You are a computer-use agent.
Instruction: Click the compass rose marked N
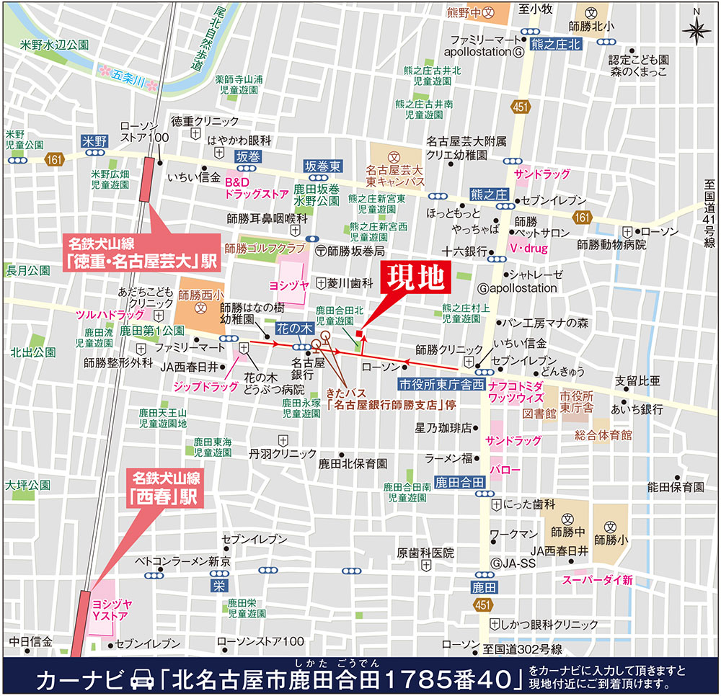click(x=696, y=29)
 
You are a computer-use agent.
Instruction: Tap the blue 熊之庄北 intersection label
click(x=555, y=45)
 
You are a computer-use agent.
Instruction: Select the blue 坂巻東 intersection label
click(x=322, y=165)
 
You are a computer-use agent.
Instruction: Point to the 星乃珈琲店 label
click(x=443, y=427)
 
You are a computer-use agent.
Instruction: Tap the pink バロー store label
click(x=505, y=470)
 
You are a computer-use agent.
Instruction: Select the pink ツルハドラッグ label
click(x=110, y=316)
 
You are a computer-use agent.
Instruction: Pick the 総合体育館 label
click(x=603, y=435)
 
